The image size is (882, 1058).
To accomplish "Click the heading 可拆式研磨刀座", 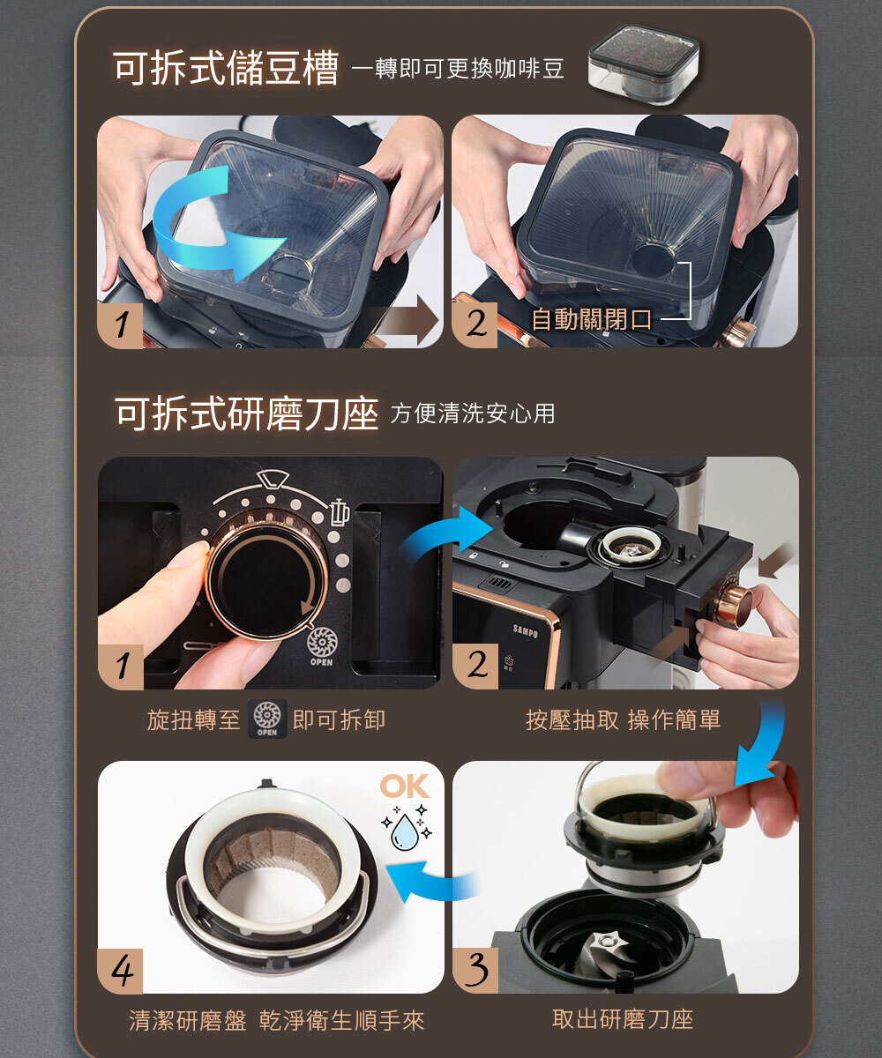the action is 246,414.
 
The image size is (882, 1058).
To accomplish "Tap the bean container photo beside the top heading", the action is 644,65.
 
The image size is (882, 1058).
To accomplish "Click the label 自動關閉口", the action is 591,319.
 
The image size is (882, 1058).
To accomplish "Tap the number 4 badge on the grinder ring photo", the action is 121,971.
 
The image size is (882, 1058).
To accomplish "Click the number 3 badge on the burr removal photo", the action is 475,971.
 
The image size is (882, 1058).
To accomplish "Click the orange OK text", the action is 405,786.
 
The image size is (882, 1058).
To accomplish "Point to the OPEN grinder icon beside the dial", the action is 322,646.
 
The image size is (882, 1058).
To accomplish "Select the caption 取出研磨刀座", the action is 623,1018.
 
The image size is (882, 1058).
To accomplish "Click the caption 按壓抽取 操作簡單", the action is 623,719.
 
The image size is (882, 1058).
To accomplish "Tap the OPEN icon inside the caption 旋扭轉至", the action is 267,719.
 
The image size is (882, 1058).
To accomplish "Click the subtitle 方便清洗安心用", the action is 473,414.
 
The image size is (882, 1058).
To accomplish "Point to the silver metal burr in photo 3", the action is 606,948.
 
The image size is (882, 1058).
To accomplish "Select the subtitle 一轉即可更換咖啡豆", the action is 459,68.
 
